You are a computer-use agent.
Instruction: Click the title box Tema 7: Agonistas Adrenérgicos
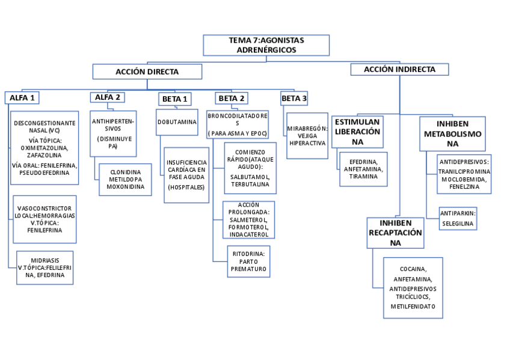pyautogui.click(x=266, y=45)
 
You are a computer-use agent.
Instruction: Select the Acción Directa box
pyautogui.click(x=147, y=72)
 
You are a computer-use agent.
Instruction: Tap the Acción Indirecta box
pyautogui.click(x=399, y=70)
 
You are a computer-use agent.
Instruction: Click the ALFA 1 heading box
pyautogui.click(x=23, y=97)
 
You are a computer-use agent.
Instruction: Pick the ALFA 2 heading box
pyautogui.click(x=108, y=97)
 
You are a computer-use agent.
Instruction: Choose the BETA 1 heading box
pyautogui.click(x=175, y=99)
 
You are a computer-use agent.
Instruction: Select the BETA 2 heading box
pyautogui.click(x=232, y=98)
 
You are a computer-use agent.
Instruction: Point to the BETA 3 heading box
pyautogui.click(x=294, y=98)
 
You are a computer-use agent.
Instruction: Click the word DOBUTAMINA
pyautogui.click(x=177, y=122)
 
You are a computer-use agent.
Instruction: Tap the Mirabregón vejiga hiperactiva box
pyautogui.click(x=307, y=136)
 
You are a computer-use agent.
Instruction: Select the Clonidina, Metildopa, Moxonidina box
pyautogui.click(x=126, y=179)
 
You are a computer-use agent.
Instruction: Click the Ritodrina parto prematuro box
pyautogui.click(x=248, y=261)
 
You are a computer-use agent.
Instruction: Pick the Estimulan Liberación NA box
pyautogui.click(x=358, y=132)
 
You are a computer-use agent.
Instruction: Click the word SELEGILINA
pyautogui.click(x=458, y=224)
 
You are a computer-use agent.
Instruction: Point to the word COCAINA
pyautogui.click(x=413, y=269)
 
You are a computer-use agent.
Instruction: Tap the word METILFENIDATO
pyautogui.click(x=413, y=307)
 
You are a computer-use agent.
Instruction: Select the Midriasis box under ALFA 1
pyautogui.click(x=45, y=267)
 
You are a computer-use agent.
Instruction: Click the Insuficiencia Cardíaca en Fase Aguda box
pyautogui.click(x=186, y=175)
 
